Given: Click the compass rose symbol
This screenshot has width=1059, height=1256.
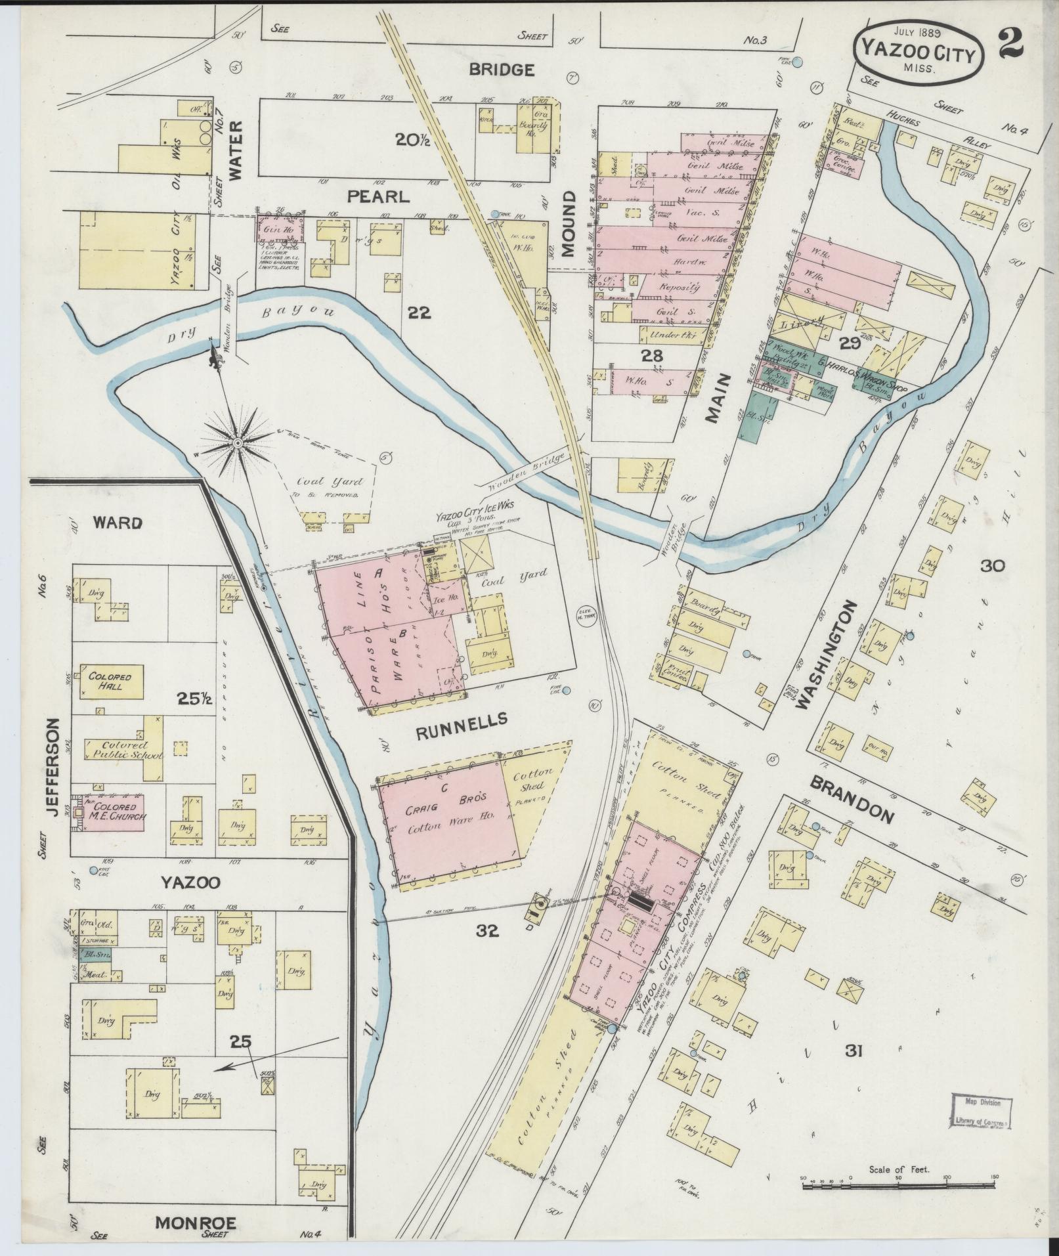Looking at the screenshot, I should pyautogui.click(x=238, y=444).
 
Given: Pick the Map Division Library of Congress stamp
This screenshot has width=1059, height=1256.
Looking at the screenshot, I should pyautogui.click(x=980, y=1111).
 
